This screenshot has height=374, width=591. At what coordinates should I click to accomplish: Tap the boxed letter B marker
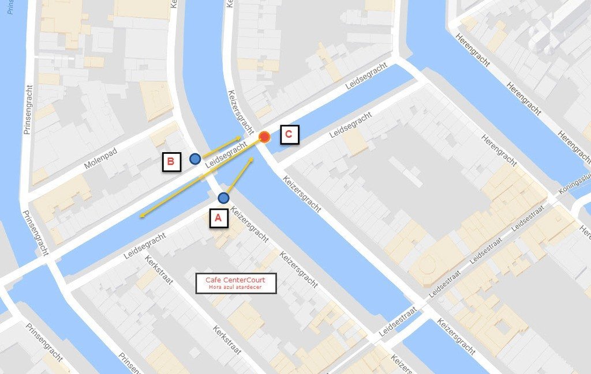(x=170, y=162)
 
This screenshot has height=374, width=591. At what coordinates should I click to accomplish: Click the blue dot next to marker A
(x=223, y=198)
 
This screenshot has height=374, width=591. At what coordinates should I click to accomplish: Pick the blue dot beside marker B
(x=195, y=158)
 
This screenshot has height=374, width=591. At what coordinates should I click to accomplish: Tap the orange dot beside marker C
(x=264, y=137)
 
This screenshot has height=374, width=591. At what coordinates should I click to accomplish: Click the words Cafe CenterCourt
(x=235, y=280)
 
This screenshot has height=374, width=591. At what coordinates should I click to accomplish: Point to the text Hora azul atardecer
(x=235, y=287)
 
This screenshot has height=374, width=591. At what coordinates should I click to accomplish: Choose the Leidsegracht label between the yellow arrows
(x=222, y=158)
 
